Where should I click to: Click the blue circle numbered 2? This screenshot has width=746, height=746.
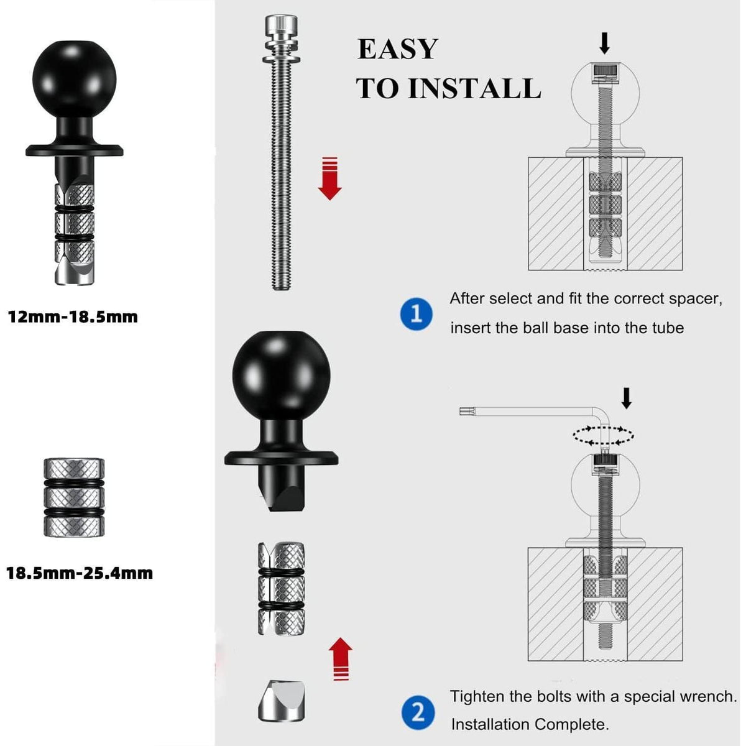(x=418, y=712)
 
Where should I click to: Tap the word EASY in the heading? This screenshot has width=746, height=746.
(x=397, y=49)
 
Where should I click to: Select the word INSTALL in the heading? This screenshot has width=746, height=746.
(x=474, y=89)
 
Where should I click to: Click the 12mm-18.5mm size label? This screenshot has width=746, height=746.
(x=73, y=317)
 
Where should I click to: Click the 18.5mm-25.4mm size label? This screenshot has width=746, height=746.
(x=80, y=573)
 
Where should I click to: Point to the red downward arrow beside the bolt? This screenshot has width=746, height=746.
(x=329, y=178)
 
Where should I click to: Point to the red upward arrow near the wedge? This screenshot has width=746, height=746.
(x=341, y=658)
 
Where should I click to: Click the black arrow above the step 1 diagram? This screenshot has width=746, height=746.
(x=604, y=44)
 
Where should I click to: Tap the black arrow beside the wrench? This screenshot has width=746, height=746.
(x=627, y=398)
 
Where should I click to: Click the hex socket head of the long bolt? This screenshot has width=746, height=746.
(x=281, y=25)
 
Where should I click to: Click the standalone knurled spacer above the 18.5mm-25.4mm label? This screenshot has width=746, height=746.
(x=74, y=497)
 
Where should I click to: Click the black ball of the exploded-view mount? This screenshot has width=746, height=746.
(x=282, y=375)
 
